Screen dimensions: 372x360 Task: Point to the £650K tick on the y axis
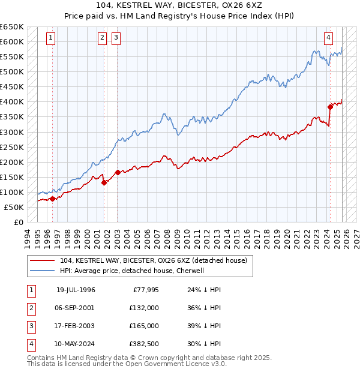coord(12,27)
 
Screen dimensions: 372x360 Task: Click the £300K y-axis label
coord(12,132)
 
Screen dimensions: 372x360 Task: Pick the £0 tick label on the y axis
coord(19,222)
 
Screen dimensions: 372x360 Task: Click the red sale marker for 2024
coord(330,107)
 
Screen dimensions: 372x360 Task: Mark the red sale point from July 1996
coord(52,199)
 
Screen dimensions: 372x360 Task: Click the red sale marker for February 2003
coord(117,172)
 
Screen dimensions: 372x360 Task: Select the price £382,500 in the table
coord(143,344)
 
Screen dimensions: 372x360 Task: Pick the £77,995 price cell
coord(143,290)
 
